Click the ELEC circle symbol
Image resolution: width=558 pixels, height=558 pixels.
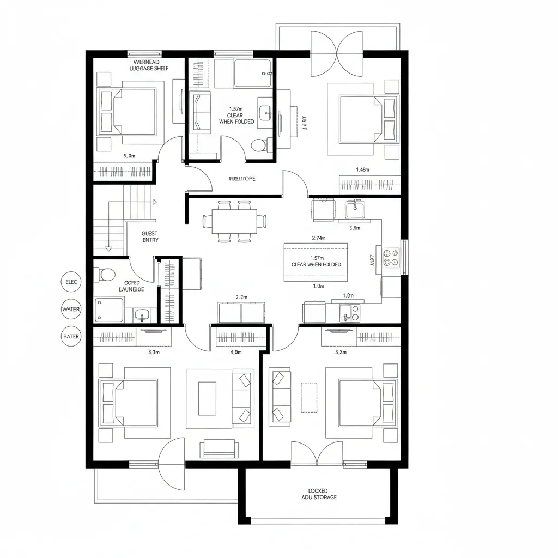[71, 282]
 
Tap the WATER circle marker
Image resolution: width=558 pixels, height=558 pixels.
[71, 310]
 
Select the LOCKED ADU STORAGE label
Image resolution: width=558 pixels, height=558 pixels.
[319, 494]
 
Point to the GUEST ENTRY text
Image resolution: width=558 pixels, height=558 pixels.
[150, 236]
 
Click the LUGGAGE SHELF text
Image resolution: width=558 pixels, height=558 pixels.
[149, 68]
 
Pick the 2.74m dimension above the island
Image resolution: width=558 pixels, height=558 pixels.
[319, 238]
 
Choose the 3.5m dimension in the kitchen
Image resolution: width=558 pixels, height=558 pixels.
[354, 228]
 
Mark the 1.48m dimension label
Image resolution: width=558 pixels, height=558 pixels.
[362, 169]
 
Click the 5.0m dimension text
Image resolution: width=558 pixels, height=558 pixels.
[129, 155]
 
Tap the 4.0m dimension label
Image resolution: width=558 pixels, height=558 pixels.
[236, 352]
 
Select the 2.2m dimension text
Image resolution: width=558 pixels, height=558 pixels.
[241, 297]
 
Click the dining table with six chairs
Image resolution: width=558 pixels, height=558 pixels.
[235, 221]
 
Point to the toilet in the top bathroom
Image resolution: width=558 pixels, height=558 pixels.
[259, 145]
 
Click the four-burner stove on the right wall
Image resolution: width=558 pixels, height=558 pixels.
[391, 257]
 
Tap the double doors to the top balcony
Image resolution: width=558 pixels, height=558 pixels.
[336, 54]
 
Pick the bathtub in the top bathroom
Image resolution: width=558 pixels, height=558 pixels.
[252, 74]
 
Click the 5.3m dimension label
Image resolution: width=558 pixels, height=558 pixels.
[341, 352]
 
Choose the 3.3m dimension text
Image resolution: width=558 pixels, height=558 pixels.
[154, 352]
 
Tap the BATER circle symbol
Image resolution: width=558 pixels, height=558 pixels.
[71, 337]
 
